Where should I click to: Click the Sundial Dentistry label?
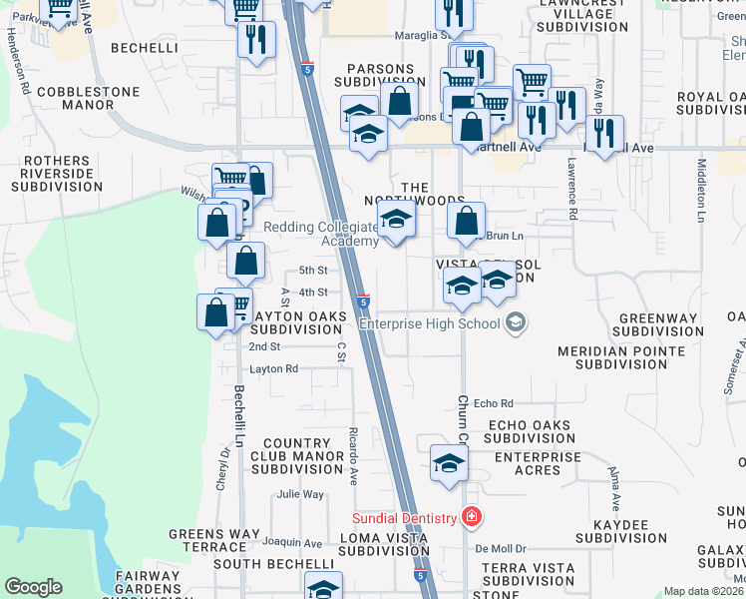tap(403, 518)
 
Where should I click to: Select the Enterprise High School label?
tap(429, 323)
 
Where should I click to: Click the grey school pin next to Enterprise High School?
tap(516, 321)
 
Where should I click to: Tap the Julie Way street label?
tap(300, 494)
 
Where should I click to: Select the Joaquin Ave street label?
tap(292, 543)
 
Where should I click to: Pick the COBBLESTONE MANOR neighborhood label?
tap(74, 97)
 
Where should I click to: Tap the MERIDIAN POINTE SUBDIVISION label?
tap(621, 357)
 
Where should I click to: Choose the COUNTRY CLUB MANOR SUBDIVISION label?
tap(297, 455)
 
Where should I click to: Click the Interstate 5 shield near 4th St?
tap(363, 300)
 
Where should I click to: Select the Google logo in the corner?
tap(33, 587)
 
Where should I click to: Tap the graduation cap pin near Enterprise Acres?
tap(449, 463)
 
